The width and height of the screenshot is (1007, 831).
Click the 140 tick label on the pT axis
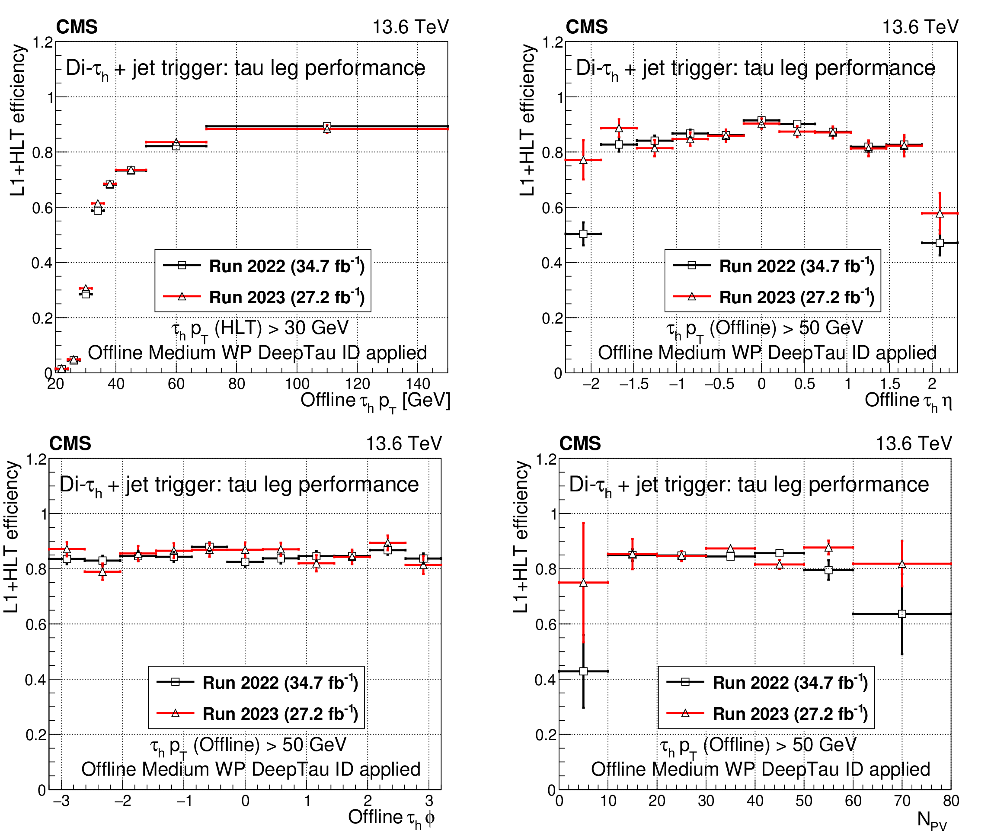418,384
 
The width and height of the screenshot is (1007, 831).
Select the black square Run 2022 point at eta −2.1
583,234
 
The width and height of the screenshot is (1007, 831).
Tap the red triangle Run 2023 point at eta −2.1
583,160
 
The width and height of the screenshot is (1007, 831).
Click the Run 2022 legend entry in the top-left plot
264,266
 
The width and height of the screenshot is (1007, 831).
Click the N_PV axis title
931,819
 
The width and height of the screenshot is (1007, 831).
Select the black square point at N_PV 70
902,614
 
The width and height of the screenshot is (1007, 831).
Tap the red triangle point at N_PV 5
583,583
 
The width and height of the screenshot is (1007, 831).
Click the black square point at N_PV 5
583,671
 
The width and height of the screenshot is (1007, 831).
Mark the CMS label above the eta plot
586,27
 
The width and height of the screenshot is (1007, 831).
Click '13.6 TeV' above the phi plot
404,444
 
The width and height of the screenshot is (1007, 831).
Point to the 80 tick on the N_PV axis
950,800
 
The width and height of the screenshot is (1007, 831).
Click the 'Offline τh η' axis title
908,401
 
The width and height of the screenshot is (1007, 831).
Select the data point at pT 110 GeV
327,127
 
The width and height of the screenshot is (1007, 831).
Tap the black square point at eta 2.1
940,243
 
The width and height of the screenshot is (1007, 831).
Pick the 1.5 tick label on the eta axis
890,384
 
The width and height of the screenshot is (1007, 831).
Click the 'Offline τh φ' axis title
391,818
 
